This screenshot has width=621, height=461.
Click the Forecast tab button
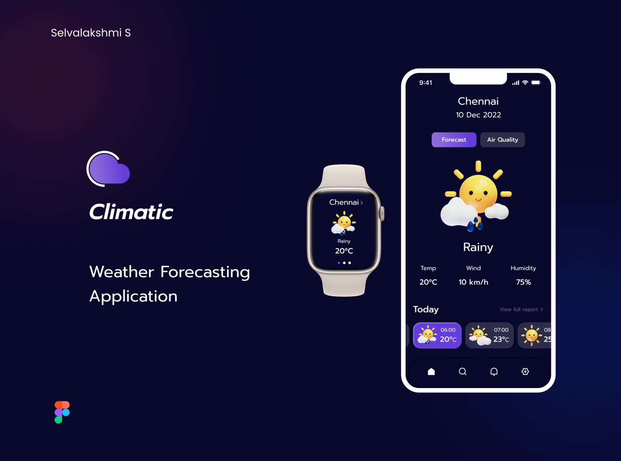pos(454,140)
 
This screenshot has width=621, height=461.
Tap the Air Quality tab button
pos(502,140)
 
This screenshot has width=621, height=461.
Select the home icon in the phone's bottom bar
pos(431,371)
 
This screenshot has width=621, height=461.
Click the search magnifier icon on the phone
pos(463,371)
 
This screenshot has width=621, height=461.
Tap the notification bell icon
pos(494,371)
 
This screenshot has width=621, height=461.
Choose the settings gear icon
pos(525,371)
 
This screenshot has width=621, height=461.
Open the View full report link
pos(521,309)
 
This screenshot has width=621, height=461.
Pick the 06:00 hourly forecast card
pos(437,335)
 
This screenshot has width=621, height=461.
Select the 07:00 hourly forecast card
pos(489,335)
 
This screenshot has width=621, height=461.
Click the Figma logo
pos(62,412)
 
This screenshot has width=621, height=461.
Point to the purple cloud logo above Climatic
pos(108,169)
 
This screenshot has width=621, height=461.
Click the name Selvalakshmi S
pos(91,33)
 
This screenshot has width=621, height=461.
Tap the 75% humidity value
pos(523,282)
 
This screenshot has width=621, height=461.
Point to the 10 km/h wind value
pos(473,282)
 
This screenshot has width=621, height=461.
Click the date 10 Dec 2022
pos(478,115)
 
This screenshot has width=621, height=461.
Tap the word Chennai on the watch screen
pos(344,202)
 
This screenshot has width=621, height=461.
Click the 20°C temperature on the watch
pos(344,251)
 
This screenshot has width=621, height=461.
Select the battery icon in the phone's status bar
pos(536,82)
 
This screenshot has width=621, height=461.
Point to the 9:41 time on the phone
pos(425,83)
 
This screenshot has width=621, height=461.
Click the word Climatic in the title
pos(131,211)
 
